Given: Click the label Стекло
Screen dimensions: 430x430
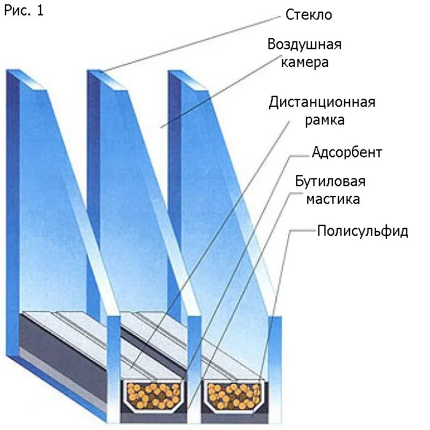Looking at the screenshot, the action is (x=308, y=14).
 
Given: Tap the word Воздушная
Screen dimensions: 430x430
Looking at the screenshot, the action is (x=304, y=44).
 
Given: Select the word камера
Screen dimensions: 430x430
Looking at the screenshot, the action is (x=305, y=62).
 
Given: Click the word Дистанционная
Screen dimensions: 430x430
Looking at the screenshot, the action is (x=322, y=101).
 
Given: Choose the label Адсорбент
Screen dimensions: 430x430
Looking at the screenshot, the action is (x=346, y=152).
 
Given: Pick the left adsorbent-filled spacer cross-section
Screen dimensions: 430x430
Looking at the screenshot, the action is (x=154, y=395).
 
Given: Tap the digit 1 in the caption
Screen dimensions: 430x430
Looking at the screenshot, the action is (x=41, y=11).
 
